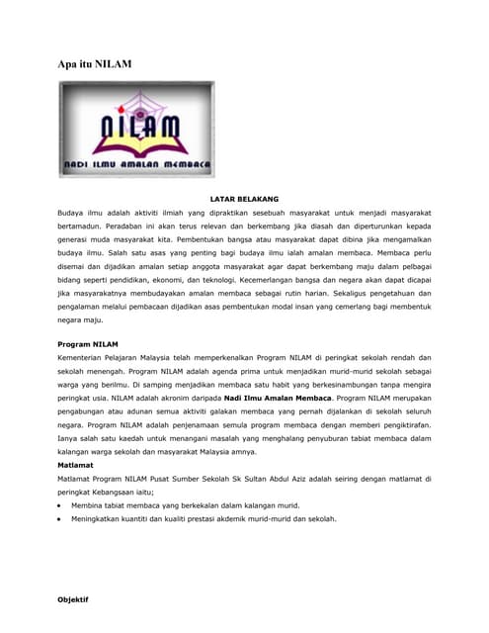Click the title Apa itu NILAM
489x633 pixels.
tap(95, 63)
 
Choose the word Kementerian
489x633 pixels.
tap(87, 357)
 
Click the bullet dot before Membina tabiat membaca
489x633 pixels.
tap(60, 505)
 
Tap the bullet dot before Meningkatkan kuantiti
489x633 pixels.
tap(60, 518)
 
